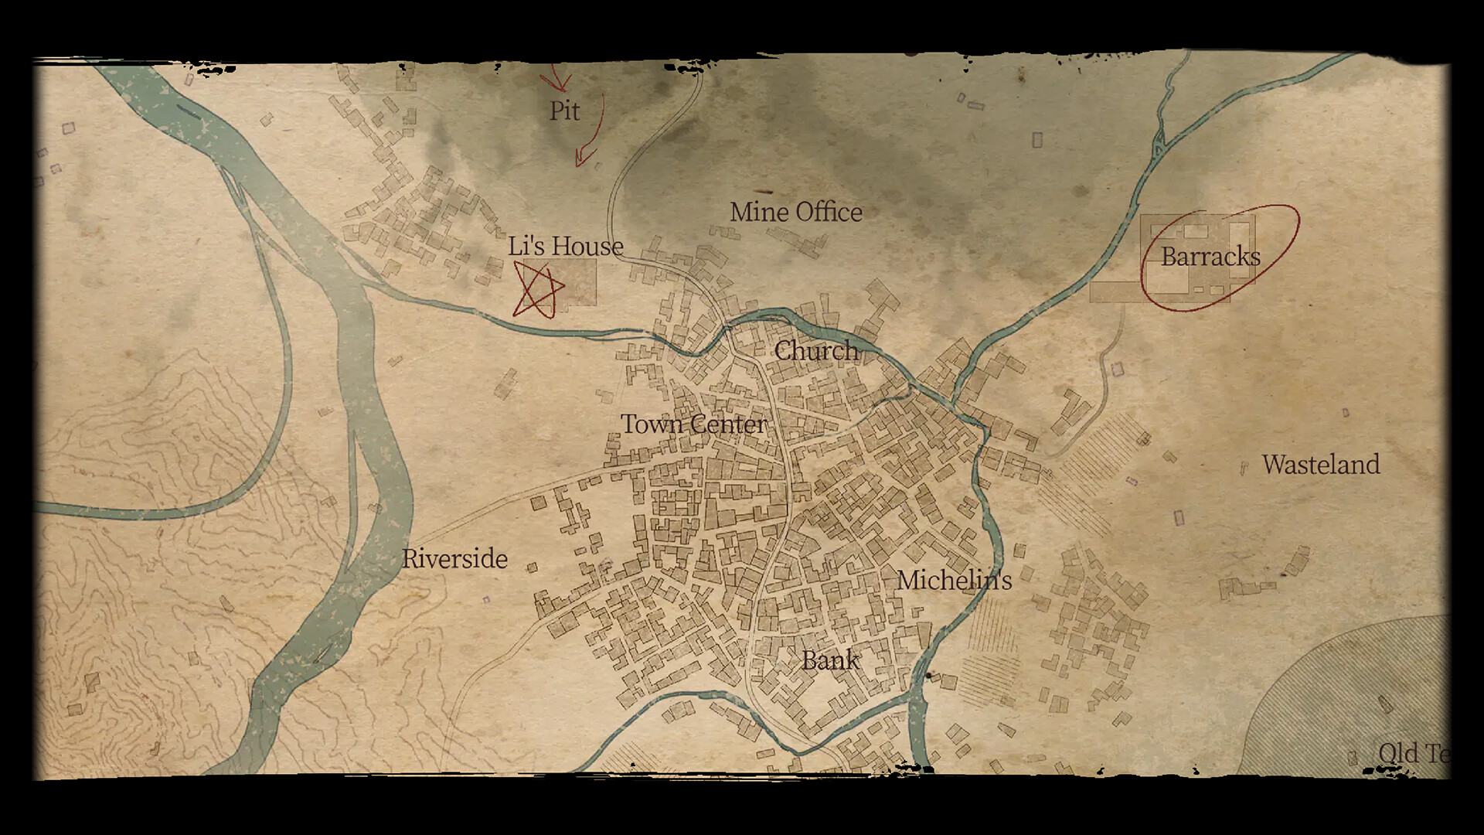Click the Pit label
(x=564, y=111)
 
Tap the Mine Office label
(x=795, y=212)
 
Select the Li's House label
(x=565, y=246)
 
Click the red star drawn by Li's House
(x=536, y=290)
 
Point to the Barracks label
(x=1210, y=257)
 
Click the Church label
(x=815, y=350)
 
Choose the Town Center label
(x=694, y=424)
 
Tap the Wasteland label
(x=1320, y=464)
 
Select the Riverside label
(x=454, y=558)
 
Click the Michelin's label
(x=954, y=580)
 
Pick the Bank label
(x=829, y=659)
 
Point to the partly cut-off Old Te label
(x=1413, y=753)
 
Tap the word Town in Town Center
(x=652, y=424)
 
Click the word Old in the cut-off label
(x=1398, y=753)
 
